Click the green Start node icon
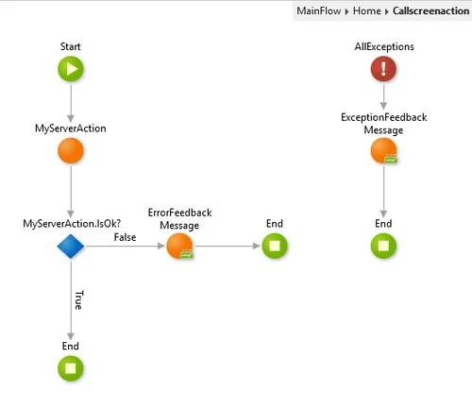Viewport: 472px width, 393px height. click(x=71, y=68)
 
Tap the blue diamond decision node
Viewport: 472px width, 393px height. click(x=71, y=246)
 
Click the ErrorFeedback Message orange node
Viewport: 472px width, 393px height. click(x=178, y=246)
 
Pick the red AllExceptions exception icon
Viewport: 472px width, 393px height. click(x=383, y=68)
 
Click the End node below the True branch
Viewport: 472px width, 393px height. click(x=71, y=367)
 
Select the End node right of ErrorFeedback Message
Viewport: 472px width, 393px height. click(x=274, y=246)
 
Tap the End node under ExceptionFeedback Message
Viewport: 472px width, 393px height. click(x=383, y=246)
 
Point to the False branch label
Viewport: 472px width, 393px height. click(x=126, y=238)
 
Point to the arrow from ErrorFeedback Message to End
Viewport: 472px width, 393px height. click(x=227, y=246)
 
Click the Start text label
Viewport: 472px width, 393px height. click(x=71, y=46)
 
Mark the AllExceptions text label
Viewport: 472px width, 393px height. click(x=383, y=46)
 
